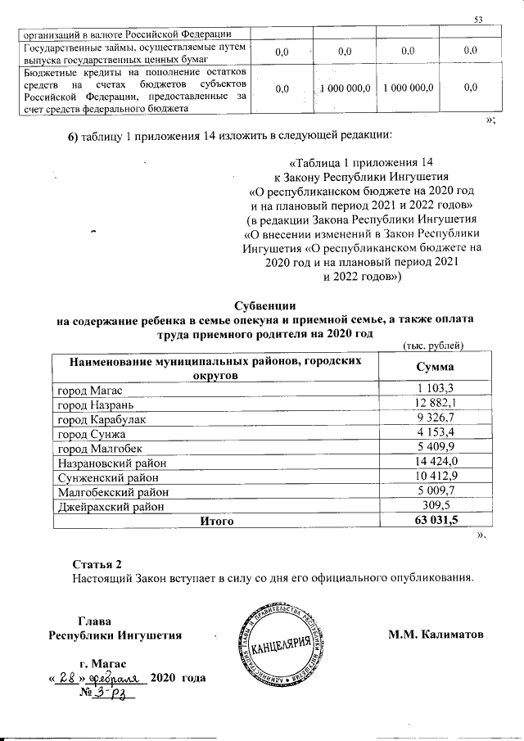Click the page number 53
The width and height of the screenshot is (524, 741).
479,19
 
